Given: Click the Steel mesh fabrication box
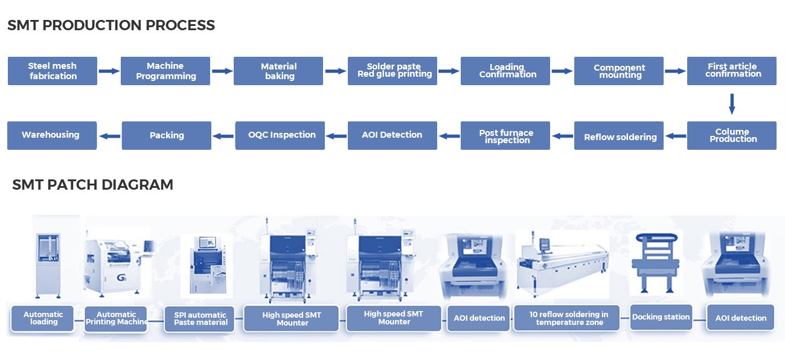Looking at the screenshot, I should [x=53, y=71].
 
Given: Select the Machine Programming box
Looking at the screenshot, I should [x=165, y=71].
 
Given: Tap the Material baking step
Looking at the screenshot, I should [x=278, y=71].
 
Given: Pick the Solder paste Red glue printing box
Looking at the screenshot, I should [x=392, y=71].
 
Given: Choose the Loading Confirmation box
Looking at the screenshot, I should [x=505, y=71].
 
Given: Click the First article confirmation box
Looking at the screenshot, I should [x=732, y=71].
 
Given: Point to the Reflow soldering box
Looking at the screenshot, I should [x=619, y=136].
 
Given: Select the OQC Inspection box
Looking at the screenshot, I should [x=281, y=135].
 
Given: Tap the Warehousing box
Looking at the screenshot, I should [x=51, y=135].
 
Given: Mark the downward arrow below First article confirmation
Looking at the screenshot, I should [x=732, y=103].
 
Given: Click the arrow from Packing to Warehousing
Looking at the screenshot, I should [x=109, y=136].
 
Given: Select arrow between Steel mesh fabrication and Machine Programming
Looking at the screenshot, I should [x=109, y=71].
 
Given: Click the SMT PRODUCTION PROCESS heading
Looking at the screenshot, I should [x=111, y=25].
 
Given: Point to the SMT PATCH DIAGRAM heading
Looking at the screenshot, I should [x=92, y=185].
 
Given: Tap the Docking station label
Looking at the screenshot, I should [x=661, y=317].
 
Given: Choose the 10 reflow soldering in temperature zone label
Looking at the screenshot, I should [x=566, y=318].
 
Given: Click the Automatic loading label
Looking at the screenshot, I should [x=43, y=318].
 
